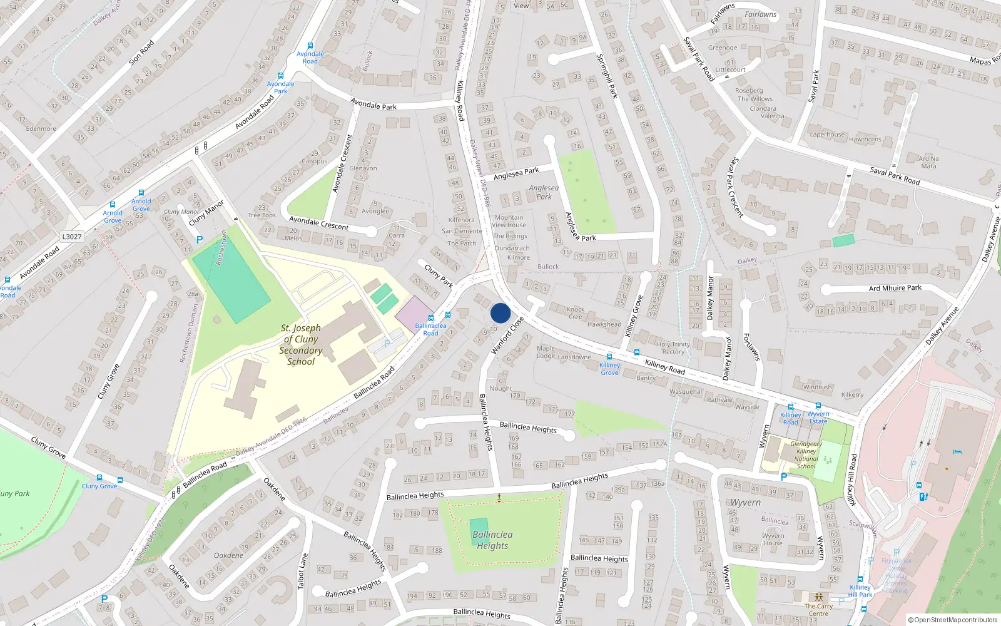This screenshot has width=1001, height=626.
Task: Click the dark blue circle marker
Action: coord(500,313)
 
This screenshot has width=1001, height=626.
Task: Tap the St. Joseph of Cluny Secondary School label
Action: coord(301,345)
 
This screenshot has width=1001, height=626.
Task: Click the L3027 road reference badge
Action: coord(72,237)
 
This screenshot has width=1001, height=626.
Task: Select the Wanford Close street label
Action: coord(507,336)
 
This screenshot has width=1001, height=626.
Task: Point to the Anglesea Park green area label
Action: coord(544,192)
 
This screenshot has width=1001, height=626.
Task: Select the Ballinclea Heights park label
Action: coord(492,540)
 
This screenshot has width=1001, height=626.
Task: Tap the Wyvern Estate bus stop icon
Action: coord(818,406)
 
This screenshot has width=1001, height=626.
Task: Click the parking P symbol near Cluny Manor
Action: coord(200,239)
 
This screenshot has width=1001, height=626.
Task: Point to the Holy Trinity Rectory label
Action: coord(673,348)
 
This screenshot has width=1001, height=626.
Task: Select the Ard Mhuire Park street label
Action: coord(895,288)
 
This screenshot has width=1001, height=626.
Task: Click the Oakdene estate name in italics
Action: coord(228,555)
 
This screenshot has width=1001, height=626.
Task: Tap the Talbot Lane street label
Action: coord(302,571)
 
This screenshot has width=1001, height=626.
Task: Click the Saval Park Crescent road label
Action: coord(736,187)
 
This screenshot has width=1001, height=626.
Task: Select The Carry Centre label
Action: coord(818,610)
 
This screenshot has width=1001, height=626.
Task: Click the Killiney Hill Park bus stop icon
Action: coord(860,580)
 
